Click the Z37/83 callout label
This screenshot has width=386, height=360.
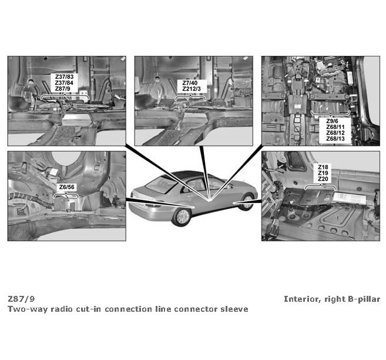[64, 76]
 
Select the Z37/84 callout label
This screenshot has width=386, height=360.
[64, 82]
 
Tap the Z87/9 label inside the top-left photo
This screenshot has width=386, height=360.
[62, 88]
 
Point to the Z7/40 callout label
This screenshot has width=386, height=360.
[190, 83]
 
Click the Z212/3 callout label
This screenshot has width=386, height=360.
[192, 89]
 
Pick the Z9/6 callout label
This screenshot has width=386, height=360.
[332, 121]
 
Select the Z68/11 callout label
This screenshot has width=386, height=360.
[335, 127]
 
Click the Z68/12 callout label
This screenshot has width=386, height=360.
[335, 133]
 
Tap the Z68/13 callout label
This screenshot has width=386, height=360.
[335, 139]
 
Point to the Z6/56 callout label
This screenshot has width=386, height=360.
[67, 187]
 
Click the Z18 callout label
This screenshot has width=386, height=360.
[323, 167]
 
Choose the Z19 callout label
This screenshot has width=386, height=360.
[323, 173]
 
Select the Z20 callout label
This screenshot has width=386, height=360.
[323, 179]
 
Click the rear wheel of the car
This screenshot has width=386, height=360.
[182, 217]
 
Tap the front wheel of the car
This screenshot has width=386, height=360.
[247, 202]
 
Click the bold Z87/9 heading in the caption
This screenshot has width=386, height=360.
[21, 299]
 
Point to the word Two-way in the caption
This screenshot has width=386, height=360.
[28, 309]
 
